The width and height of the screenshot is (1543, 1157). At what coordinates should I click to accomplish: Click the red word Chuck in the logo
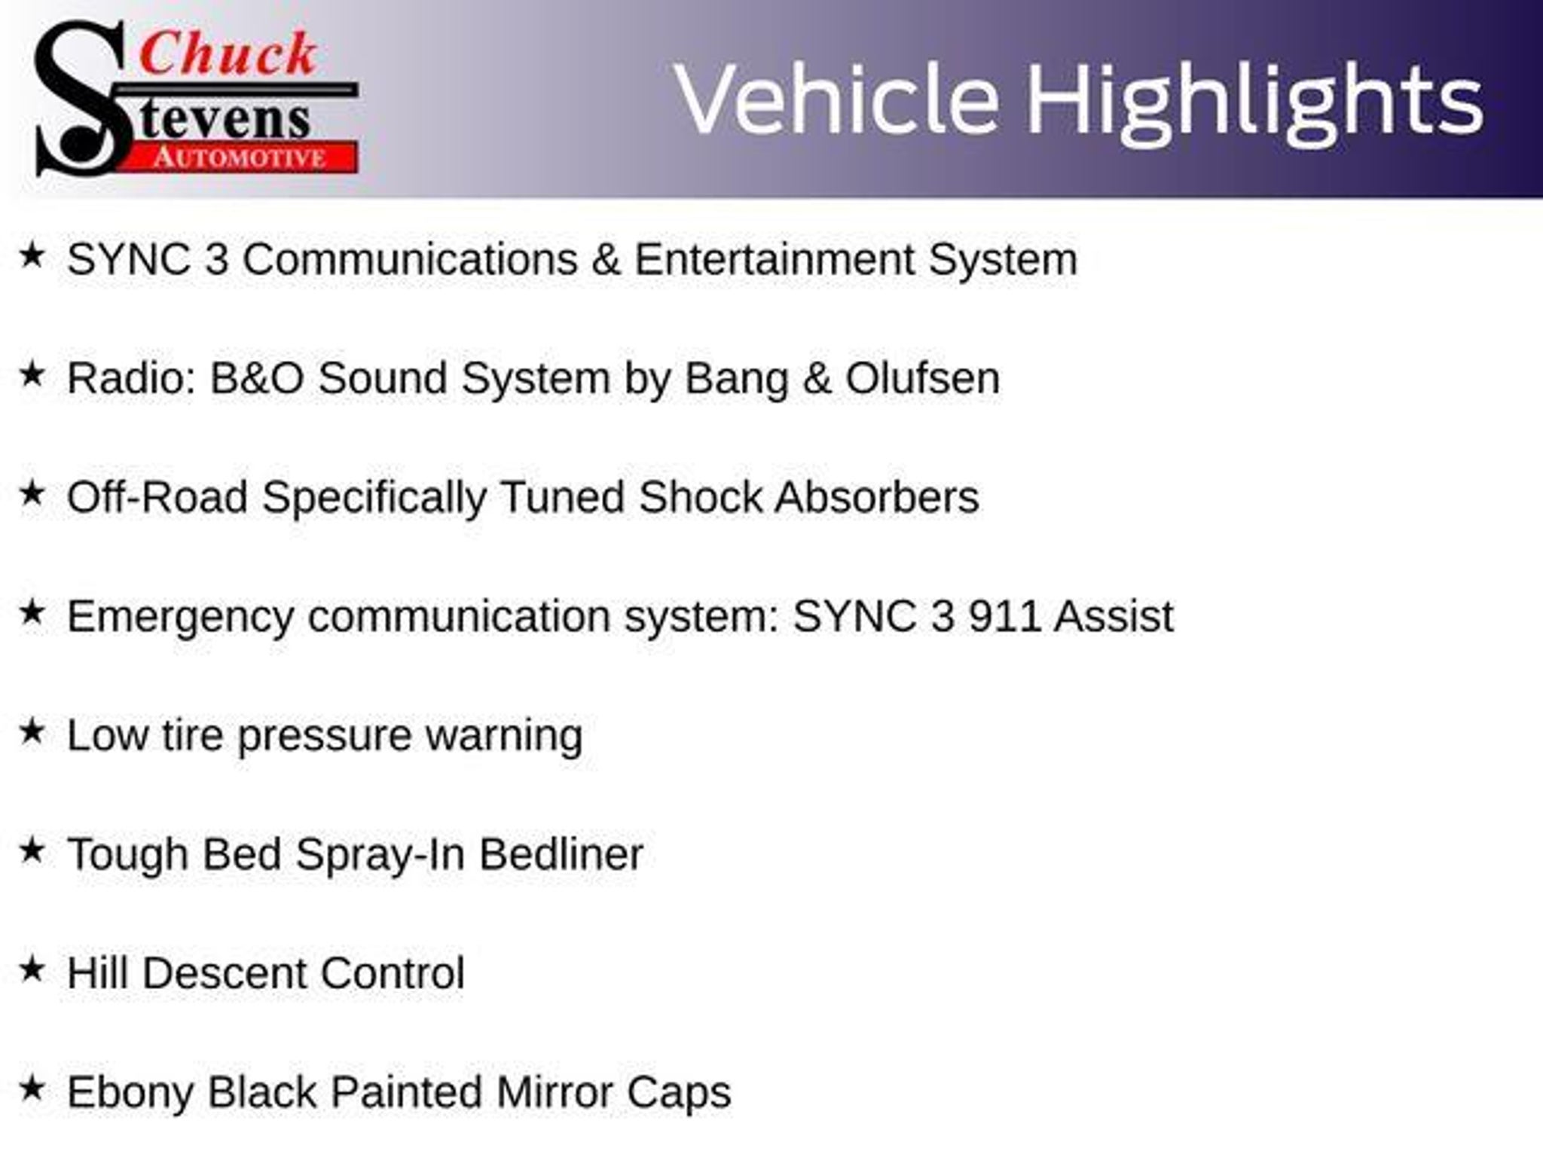tap(228, 54)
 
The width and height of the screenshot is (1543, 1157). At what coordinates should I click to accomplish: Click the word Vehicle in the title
tap(837, 99)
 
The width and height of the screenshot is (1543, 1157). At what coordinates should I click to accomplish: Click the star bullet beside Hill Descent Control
tap(32, 969)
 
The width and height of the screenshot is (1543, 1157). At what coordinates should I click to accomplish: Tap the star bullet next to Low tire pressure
tap(32, 731)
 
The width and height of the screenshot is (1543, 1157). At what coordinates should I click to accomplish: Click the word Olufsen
tap(923, 377)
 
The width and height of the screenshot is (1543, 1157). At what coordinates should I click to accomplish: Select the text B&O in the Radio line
tap(257, 377)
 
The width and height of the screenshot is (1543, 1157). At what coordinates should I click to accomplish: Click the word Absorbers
tap(877, 497)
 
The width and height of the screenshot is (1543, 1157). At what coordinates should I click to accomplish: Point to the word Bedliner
tap(561, 854)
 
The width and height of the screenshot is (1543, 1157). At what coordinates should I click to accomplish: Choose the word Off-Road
tap(157, 497)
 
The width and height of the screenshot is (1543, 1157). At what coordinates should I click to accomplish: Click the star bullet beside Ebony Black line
tap(32, 1088)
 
